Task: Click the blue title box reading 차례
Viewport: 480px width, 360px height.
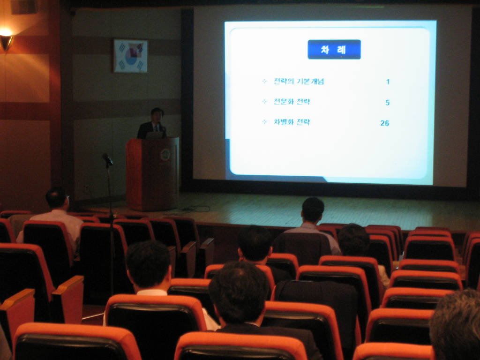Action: point(334,49)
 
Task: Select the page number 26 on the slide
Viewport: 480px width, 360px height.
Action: point(384,123)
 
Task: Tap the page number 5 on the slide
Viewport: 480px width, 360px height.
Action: point(387,103)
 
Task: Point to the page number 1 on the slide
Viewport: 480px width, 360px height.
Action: point(388,82)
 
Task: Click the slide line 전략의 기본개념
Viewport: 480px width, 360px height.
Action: point(299,82)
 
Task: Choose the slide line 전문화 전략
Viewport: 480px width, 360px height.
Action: point(292,102)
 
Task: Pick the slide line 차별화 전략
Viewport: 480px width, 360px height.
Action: point(292,122)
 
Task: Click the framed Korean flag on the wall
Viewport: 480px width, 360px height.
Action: point(131,56)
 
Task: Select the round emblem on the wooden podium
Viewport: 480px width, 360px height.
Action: point(165,155)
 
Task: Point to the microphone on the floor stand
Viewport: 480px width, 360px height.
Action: point(107,159)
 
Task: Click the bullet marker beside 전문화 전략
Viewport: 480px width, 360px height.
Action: point(264,102)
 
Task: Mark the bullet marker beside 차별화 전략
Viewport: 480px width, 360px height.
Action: point(264,122)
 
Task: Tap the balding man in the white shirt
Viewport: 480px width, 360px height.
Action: point(55,214)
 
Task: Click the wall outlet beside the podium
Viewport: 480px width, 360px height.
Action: point(86,187)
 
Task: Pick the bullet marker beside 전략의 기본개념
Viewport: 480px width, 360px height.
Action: point(264,82)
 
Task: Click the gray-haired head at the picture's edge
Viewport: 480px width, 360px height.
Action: point(456,324)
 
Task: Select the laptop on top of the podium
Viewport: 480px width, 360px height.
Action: point(155,135)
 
